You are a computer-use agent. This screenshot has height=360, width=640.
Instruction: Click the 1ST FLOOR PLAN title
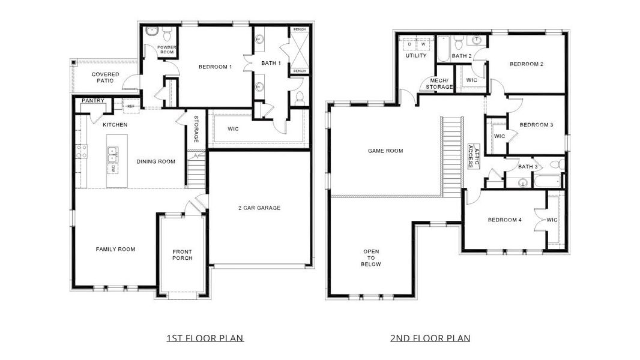[205, 338]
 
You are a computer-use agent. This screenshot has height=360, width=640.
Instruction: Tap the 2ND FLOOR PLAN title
[430, 338]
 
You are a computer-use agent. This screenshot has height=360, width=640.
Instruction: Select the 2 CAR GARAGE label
[258, 208]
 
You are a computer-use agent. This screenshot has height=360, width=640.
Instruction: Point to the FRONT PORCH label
[182, 254]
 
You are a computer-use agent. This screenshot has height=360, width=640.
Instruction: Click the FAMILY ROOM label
[115, 249]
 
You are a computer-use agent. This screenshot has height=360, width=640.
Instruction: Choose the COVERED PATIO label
[105, 77]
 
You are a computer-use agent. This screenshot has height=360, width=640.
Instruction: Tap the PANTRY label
[93, 101]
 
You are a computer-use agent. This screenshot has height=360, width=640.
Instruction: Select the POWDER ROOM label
[166, 49]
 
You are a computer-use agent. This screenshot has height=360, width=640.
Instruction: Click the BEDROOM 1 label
[215, 67]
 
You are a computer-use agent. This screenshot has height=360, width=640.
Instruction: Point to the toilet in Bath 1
[300, 97]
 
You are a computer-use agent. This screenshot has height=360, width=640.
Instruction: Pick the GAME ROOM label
[385, 151]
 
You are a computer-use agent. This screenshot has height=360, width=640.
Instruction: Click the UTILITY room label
[415, 56]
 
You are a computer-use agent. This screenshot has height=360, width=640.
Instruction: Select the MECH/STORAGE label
[439, 84]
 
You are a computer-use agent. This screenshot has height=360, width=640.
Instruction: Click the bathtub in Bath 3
[547, 180]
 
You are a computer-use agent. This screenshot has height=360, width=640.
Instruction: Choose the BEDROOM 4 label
[504, 220]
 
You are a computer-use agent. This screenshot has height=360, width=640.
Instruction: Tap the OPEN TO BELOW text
[371, 257]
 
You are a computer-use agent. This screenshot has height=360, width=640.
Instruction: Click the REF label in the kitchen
[130, 106]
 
